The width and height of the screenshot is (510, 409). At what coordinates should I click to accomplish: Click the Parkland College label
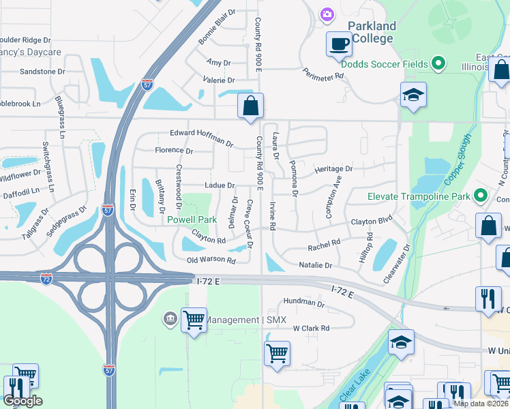(x=371, y=32)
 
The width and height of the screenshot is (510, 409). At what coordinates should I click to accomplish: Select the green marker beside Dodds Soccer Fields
(x=439, y=65)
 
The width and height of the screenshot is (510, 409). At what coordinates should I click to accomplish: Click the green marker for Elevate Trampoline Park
(x=481, y=196)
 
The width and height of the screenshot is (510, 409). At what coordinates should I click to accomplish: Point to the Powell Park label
(x=192, y=219)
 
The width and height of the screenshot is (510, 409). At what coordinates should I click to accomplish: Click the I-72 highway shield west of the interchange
(x=46, y=280)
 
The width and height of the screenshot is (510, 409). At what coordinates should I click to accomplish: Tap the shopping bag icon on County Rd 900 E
(x=250, y=106)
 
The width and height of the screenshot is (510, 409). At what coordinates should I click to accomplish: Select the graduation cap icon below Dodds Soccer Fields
(x=413, y=95)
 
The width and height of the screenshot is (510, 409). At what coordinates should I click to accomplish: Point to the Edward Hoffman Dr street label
(x=202, y=138)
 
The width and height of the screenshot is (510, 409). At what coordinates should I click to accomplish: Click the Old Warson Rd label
(x=211, y=260)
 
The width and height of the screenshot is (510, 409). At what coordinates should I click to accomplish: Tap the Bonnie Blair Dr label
(x=217, y=27)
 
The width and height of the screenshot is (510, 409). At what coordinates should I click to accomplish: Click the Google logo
(x=22, y=401)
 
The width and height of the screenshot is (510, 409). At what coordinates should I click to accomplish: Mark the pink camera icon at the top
(x=327, y=14)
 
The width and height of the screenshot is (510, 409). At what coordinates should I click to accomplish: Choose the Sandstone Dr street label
(x=42, y=71)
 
